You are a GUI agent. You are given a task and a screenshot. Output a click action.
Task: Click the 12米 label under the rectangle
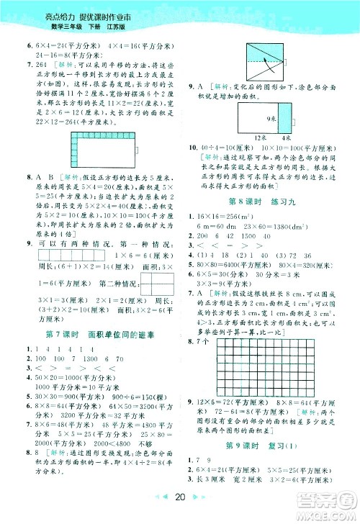tap(259, 137)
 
